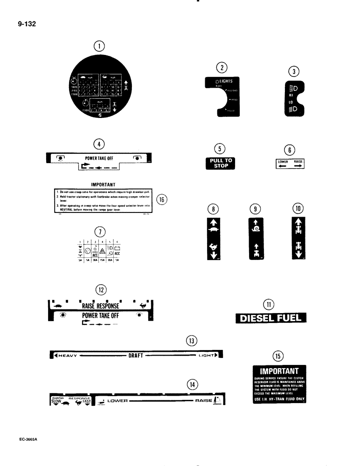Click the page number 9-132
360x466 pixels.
click(x=27, y=22)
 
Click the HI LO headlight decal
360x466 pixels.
click(x=293, y=98)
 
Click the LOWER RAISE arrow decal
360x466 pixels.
click(x=291, y=164)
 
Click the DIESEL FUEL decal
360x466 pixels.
click(x=270, y=319)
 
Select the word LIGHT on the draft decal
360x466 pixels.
click(x=207, y=356)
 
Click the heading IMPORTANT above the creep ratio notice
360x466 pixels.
click(x=100, y=184)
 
